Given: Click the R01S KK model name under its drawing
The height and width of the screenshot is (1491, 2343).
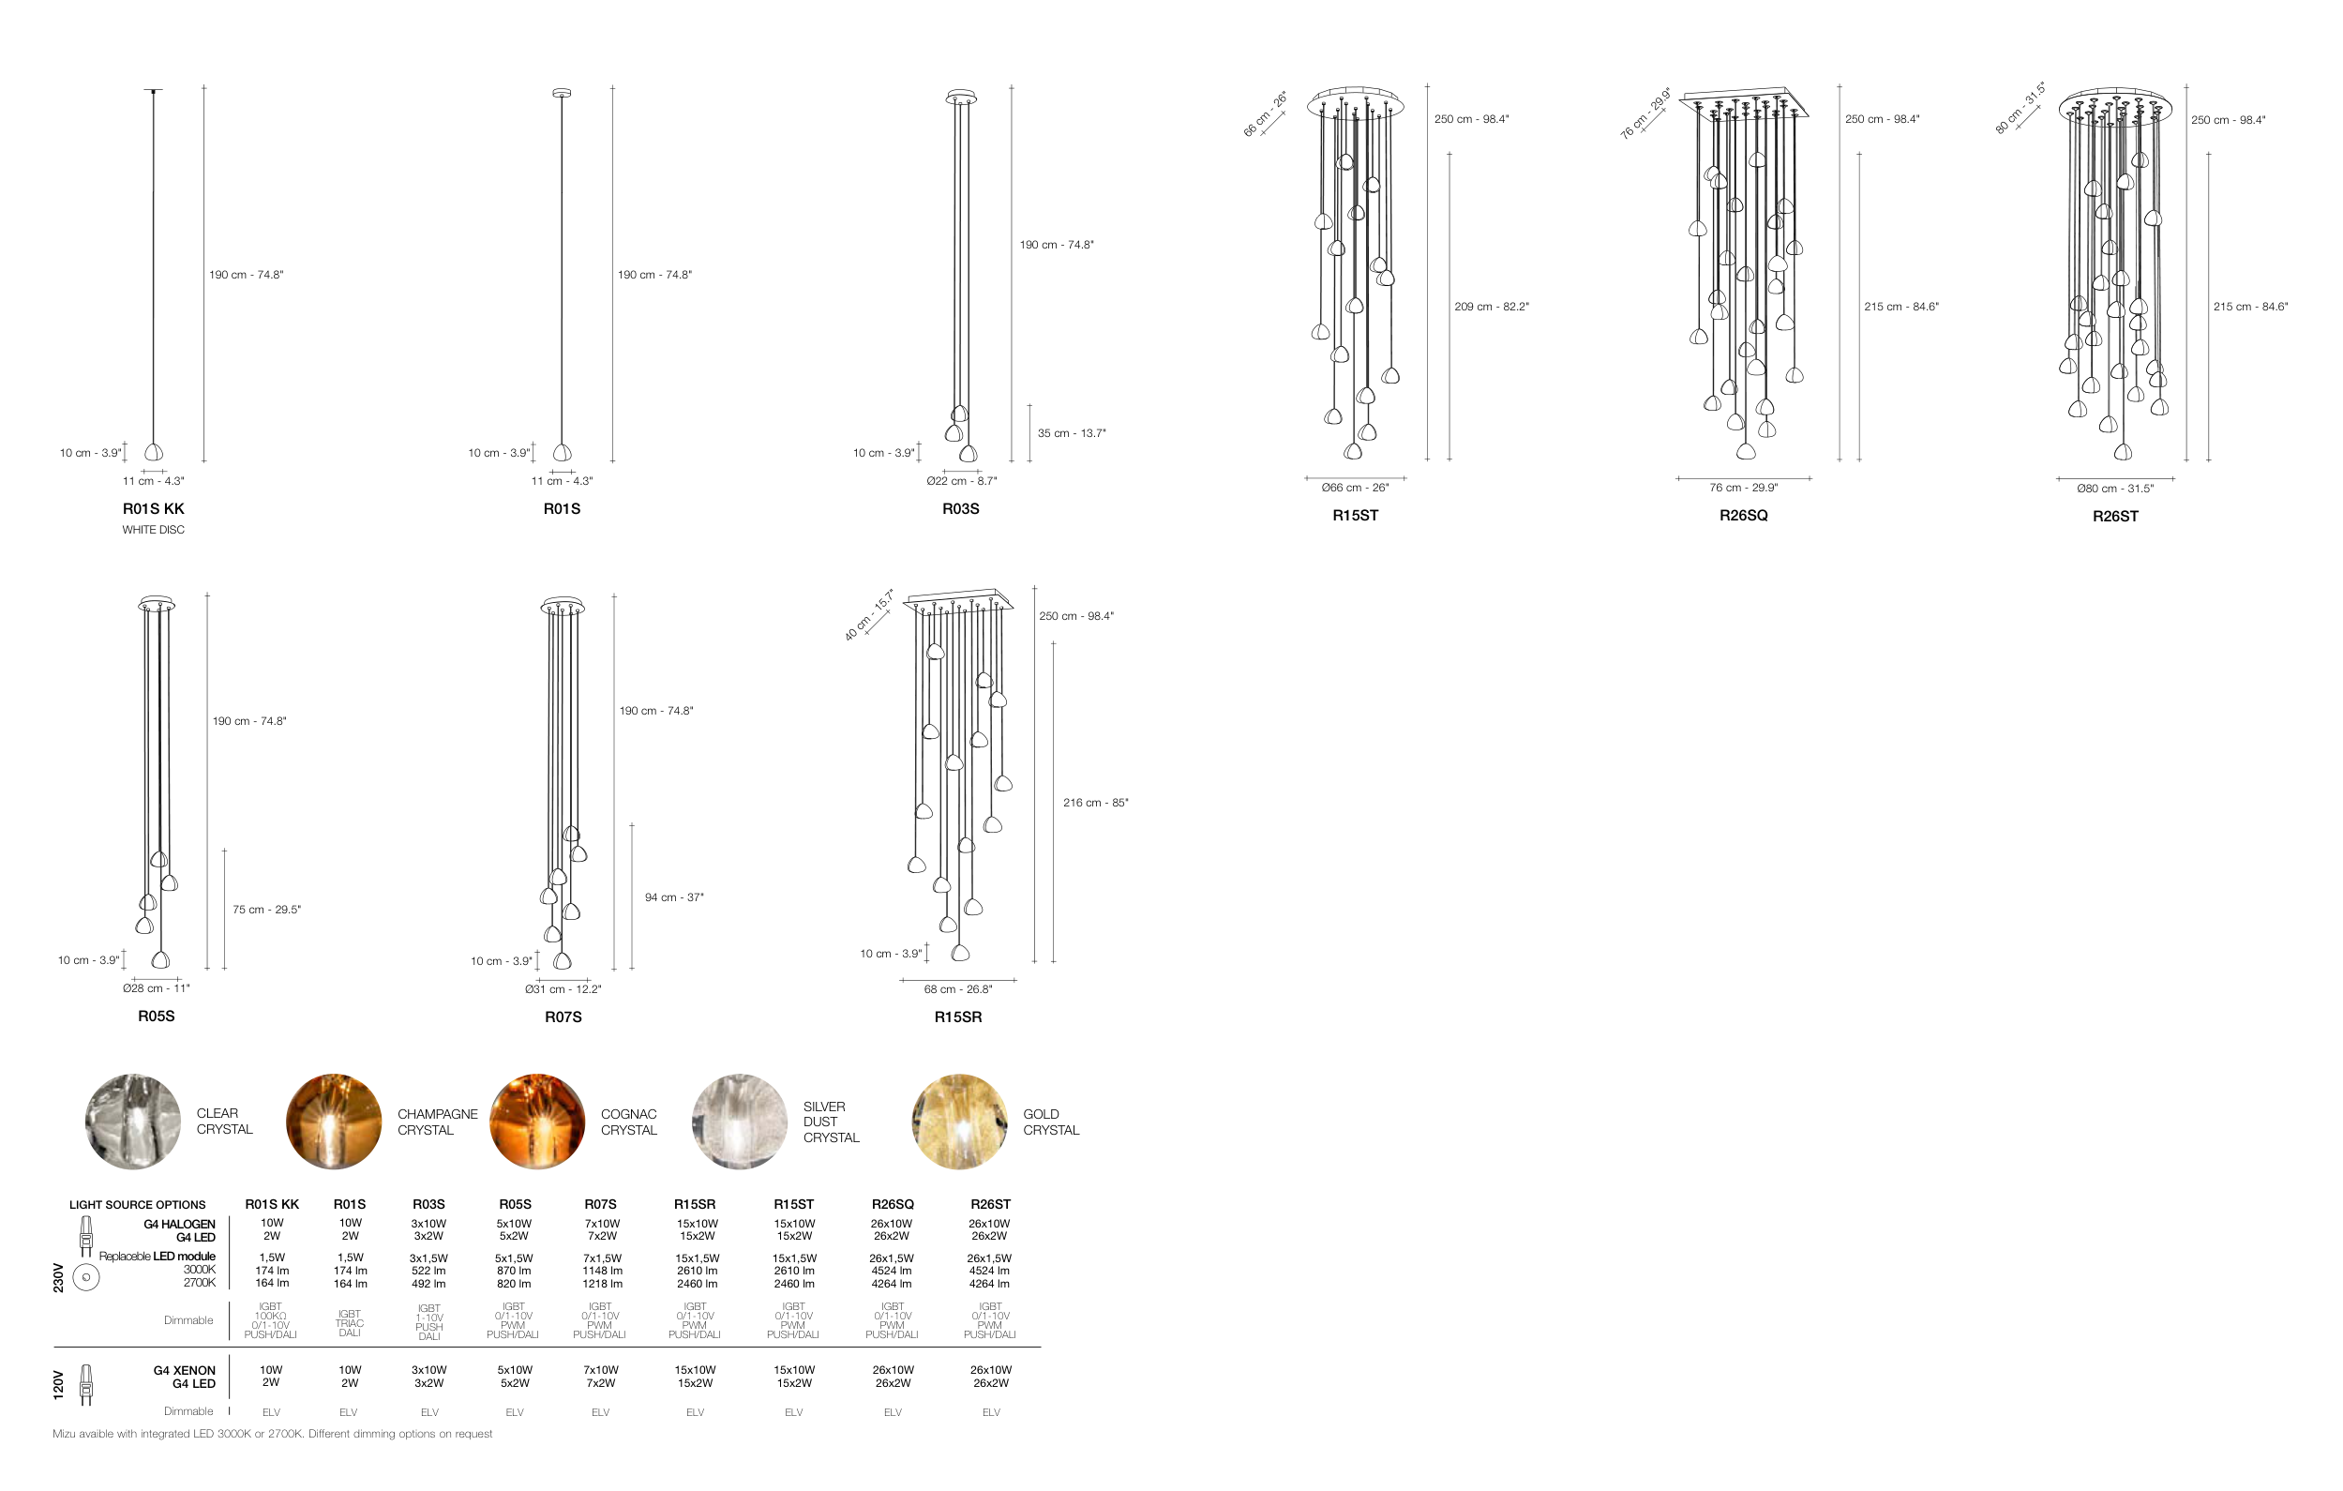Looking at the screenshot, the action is pyautogui.click(x=153, y=509).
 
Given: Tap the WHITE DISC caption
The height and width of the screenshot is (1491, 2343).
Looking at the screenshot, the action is pyautogui.click(x=153, y=531).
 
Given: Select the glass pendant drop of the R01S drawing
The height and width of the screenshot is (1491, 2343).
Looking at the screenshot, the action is pyautogui.click(x=563, y=453).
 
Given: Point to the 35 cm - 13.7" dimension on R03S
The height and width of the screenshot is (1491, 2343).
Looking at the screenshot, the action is pyautogui.click(x=1072, y=433).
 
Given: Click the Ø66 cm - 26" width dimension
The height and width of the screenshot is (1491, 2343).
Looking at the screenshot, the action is pyautogui.click(x=1355, y=488).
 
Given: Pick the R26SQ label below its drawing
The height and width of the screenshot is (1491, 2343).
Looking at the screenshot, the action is pyautogui.click(x=1743, y=516).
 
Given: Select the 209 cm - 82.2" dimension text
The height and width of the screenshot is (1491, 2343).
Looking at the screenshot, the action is pyautogui.click(x=1492, y=307).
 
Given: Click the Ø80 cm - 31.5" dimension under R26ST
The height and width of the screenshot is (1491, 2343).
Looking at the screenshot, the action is pyautogui.click(x=2114, y=489).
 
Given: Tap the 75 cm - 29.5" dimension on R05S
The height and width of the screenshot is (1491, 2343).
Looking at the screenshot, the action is pyautogui.click(x=266, y=910).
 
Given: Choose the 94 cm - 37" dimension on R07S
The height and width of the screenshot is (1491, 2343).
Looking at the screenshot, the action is pyautogui.click(x=674, y=897).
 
